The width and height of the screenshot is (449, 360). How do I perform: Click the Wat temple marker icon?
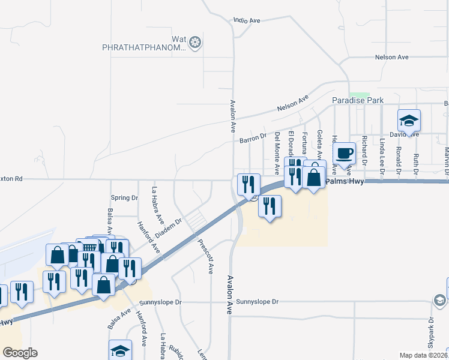point(194,43)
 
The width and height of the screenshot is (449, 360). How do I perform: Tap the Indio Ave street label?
point(247,20)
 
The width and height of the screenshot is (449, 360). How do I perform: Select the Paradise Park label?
point(358,101)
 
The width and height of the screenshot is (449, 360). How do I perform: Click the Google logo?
point(20,353)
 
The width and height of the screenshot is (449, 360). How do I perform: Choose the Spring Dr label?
point(124,198)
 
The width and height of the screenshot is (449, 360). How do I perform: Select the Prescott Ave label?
point(206,256)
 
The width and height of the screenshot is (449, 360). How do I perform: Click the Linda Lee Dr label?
point(382,154)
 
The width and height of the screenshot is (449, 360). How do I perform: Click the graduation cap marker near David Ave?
point(409,121)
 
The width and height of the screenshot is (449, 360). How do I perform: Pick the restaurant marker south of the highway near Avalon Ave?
point(270,207)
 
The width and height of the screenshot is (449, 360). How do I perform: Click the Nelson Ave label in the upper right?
point(391,57)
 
